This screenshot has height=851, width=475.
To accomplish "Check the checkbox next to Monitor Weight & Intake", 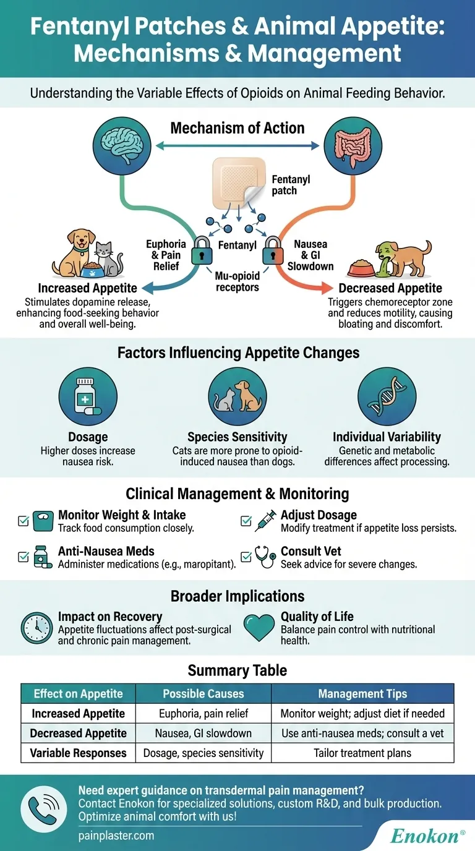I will [24, 521].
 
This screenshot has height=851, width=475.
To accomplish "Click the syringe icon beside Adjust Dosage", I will [265, 521].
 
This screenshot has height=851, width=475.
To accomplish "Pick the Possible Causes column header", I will [203, 694].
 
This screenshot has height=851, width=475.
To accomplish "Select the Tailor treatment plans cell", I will [362, 753].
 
